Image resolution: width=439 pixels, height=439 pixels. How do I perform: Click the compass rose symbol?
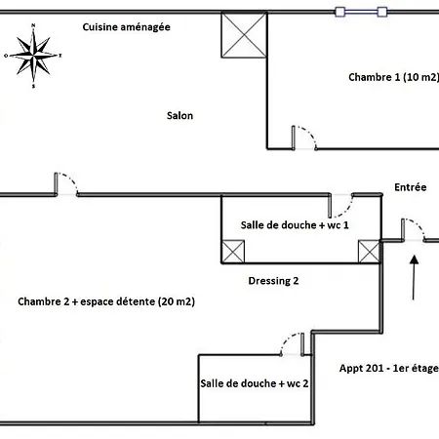tap(33, 56)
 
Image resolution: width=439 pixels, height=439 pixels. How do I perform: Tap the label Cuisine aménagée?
tap(126, 27)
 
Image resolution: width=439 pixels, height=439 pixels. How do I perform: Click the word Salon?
tap(180, 116)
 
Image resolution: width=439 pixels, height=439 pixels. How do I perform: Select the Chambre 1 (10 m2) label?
tap(393, 77)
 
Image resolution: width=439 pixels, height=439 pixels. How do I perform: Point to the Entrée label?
tap(411, 187)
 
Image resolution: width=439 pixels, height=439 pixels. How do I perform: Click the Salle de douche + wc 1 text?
tap(295, 225)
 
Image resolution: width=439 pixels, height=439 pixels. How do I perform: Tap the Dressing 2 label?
tap(273, 281)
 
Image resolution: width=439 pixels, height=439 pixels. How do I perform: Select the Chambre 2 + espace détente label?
tap(106, 301)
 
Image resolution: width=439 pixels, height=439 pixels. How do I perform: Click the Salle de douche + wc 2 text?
tap(255, 383)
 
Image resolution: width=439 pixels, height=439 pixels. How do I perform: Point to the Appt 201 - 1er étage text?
tap(389, 369)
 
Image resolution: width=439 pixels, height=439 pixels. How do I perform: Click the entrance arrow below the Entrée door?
tap(414, 278)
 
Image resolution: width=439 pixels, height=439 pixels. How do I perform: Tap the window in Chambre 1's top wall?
tap(361, 12)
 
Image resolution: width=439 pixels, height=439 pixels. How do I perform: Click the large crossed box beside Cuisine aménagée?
tap(244, 35)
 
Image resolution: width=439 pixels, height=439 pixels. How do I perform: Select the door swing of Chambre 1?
tap(304, 139)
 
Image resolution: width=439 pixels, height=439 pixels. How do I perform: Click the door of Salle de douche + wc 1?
tap(340, 206)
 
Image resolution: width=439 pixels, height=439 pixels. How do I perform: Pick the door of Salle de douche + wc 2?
tap(293, 344)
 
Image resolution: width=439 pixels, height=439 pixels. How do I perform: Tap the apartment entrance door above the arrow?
tap(414, 230)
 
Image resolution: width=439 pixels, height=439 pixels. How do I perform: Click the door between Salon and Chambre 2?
tap(66, 184)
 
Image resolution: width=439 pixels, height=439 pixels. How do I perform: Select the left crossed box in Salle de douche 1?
tap(233, 252)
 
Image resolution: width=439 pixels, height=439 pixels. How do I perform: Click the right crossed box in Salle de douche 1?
tap(369, 252)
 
